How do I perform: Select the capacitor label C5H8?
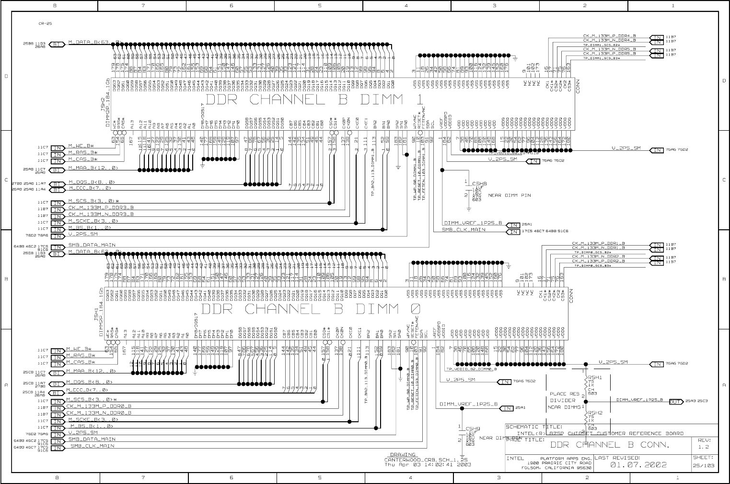479,183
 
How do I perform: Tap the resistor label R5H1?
595,377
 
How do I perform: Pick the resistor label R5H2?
595,412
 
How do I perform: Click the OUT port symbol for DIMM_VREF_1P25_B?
676,402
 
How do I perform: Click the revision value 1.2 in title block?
704,447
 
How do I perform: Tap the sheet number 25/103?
704,466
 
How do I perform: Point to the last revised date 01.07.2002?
638,465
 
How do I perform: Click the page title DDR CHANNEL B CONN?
609,445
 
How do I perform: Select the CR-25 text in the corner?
45,23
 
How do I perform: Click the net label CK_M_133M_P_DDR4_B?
609,35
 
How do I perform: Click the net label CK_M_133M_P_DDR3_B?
101,208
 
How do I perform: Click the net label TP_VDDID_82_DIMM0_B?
471,369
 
